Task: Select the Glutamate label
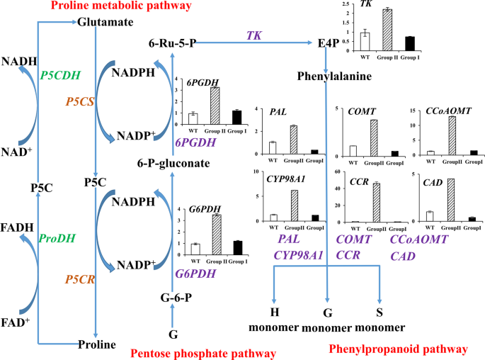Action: coord(105,23)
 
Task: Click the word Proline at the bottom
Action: coord(97,344)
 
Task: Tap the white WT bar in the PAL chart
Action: coord(272,147)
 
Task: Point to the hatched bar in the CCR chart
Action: coord(376,203)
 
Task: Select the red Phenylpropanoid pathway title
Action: coord(399,349)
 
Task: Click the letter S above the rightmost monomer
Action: coord(379,313)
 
